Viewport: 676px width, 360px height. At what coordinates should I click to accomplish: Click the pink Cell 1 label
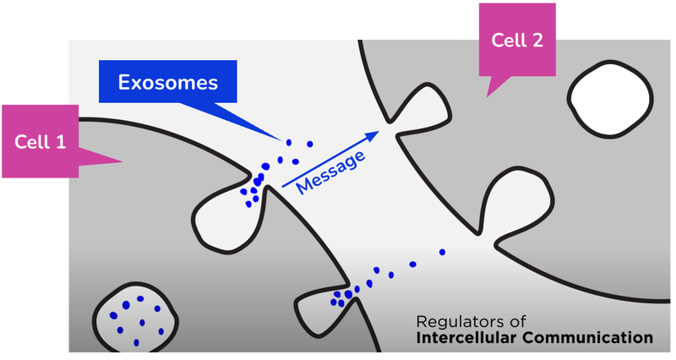41,141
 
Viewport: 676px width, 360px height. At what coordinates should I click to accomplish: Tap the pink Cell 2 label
516,40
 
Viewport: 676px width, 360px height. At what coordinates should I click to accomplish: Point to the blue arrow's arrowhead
373,134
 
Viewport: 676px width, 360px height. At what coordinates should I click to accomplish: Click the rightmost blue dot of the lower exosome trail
442,252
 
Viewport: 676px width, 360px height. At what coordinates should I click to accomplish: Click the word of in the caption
518,321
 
